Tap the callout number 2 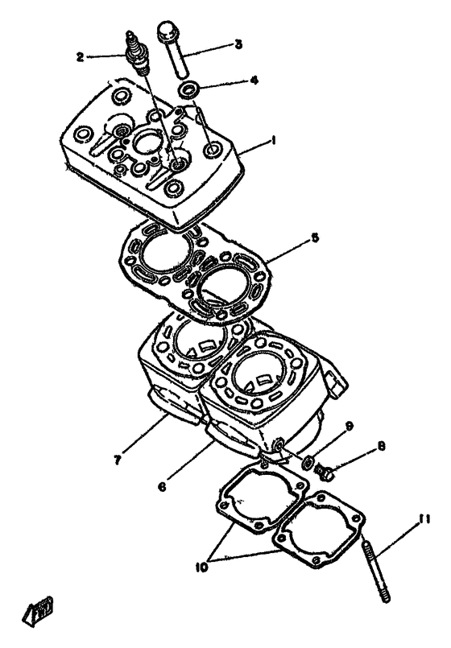[81, 56]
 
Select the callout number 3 [238, 44]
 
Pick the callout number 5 [316, 238]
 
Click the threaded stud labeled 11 [378, 563]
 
